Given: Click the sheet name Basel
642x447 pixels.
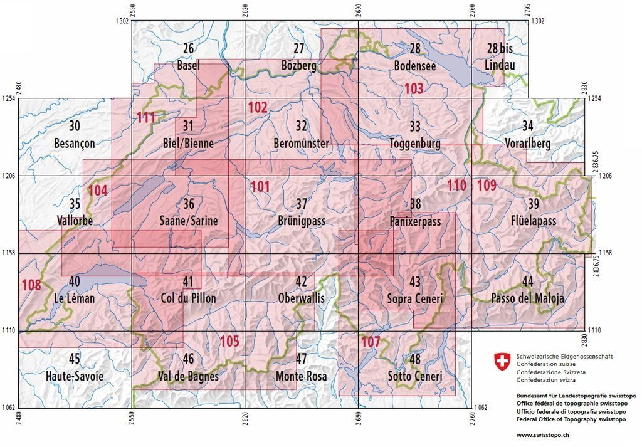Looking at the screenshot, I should [x=188, y=65].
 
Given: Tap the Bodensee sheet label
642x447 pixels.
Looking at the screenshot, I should [x=414, y=65].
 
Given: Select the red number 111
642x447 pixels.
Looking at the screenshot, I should [x=145, y=117].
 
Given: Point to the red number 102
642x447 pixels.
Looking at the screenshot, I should [x=257, y=107].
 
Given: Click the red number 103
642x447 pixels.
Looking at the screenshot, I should [x=414, y=88].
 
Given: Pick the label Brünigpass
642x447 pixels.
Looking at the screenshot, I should [x=302, y=221].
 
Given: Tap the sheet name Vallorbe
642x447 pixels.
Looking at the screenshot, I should [x=75, y=221].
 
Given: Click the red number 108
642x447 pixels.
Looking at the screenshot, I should [x=31, y=285].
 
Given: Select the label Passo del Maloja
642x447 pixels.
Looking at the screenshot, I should [x=527, y=298].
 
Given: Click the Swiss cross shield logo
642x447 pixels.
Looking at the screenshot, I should [x=502, y=360].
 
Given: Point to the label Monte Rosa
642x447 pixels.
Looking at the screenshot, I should [x=301, y=377].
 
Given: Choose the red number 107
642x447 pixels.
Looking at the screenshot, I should [x=371, y=342].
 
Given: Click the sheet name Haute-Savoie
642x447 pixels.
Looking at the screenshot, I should [x=74, y=376].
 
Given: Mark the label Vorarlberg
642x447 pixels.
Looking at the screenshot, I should [x=527, y=144].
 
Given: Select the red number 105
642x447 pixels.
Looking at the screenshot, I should [x=230, y=342].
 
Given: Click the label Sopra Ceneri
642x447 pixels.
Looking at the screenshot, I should [x=414, y=299].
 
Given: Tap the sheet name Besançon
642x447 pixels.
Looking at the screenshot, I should [x=75, y=144].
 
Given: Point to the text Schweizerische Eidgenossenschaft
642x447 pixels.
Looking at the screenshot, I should [x=564, y=357].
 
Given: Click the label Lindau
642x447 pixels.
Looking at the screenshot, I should [x=499, y=65].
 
